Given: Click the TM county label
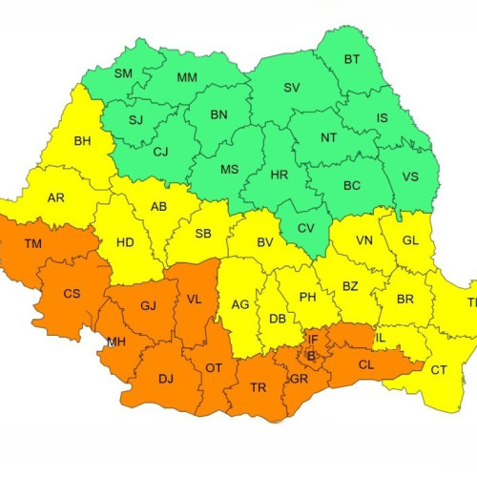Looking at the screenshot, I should tap(32, 244).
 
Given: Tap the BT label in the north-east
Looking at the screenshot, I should tap(352, 60).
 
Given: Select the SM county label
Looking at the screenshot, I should tap(123, 73).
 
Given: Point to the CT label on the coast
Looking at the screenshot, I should tap(439, 370).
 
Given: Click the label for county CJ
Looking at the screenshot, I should tap(160, 151).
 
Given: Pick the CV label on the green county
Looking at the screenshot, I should tap(305, 229).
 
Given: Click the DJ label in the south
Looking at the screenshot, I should tap(166, 379).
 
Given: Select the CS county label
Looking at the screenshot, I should tap(72, 294).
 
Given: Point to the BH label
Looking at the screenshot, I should tap(82, 141).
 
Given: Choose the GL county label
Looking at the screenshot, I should tap(410, 240).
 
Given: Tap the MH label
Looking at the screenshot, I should tap(115, 342).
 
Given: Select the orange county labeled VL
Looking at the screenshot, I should tap(195, 299).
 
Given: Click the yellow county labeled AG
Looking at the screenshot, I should tap(240, 305).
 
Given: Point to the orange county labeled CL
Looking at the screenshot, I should tap(366, 363).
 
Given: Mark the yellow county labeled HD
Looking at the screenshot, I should tap(125, 242).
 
